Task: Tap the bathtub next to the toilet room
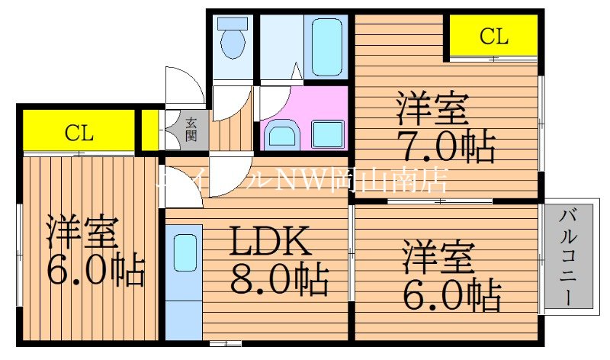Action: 327,46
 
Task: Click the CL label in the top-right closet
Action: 493,36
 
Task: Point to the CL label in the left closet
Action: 78,133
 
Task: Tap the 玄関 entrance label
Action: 191,130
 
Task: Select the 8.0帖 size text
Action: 281,279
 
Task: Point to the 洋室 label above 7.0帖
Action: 431,110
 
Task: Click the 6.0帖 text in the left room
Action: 95,269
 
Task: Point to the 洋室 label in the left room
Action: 82,232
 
